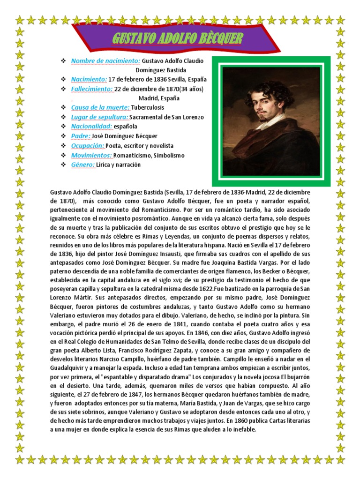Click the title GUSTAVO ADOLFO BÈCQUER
point(178,38)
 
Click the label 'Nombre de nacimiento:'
point(105,61)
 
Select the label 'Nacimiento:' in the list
point(89,79)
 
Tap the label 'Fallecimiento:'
point(92,89)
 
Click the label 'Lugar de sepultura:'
point(99,117)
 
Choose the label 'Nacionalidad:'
point(91,126)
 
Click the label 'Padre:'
point(81,136)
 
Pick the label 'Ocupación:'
point(87,145)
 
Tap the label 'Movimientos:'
point(91,155)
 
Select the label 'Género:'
point(83,165)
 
